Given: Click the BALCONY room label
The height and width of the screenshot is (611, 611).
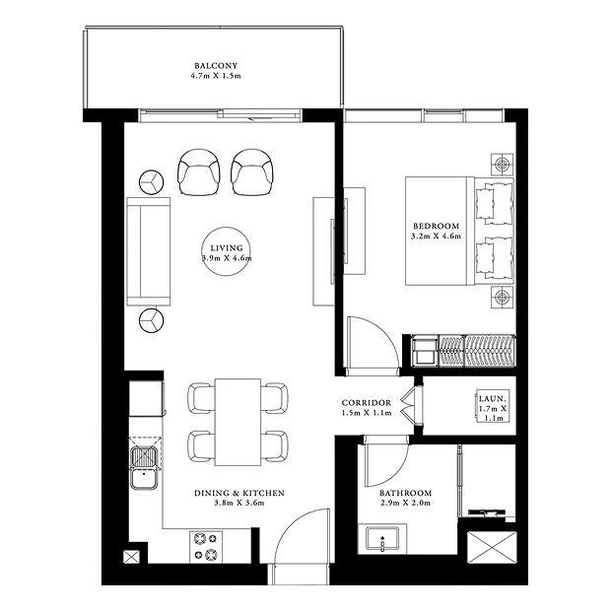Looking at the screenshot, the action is (x=216, y=66).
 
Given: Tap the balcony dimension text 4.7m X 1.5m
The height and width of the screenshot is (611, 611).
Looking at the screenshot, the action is (x=216, y=76).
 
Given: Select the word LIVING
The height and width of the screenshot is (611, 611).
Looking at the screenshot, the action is (x=227, y=248).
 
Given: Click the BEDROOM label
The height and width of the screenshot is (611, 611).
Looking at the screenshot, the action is (x=436, y=226).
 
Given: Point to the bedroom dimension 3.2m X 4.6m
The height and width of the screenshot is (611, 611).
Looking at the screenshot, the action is (x=436, y=237).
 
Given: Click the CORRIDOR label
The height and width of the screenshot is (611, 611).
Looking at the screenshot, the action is (x=367, y=403).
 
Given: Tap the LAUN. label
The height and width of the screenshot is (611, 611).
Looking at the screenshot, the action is (x=492, y=399).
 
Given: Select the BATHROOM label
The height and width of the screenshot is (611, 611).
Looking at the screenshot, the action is (x=406, y=493).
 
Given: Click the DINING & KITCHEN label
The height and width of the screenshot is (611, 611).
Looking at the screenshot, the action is (x=239, y=493).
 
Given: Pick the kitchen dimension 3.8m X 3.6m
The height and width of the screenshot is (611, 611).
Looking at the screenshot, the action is (x=239, y=503).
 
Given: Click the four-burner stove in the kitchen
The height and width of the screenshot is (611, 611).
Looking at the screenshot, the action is (x=206, y=547).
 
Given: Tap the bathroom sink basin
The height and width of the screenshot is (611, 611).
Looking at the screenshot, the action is (x=382, y=538).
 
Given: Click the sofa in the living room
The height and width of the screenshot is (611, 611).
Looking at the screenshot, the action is (x=149, y=251).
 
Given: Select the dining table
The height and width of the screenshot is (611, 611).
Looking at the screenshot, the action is (x=238, y=422).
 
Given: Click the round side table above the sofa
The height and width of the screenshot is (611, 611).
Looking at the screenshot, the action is (x=151, y=182).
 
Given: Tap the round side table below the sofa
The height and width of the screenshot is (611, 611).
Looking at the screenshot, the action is (x=151, y=320).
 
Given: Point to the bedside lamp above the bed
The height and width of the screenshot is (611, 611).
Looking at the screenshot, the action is (x=502, y=165).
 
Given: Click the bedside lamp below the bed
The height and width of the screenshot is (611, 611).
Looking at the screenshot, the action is (x=502, y=298).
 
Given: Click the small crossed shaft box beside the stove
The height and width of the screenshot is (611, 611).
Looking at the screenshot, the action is (x=131, y=557).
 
